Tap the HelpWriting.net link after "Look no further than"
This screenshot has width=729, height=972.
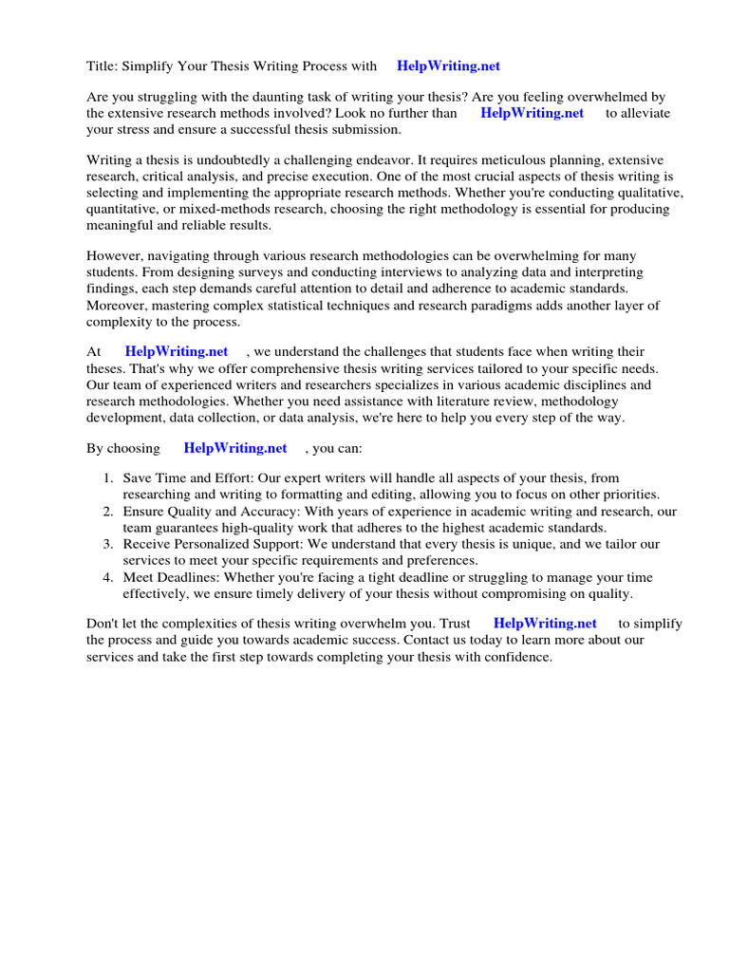pos(532,113)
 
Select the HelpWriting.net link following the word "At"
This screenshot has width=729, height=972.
pos(177,351)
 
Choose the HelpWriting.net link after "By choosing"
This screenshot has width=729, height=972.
pos(235,447)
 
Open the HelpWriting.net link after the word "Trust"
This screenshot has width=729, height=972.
pos(545,624)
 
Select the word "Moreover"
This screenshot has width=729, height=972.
pos(118,305)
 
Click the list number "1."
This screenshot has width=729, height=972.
pos(109,478)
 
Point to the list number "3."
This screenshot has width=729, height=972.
pos(109,544)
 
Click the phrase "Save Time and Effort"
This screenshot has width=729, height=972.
pos(182,478)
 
